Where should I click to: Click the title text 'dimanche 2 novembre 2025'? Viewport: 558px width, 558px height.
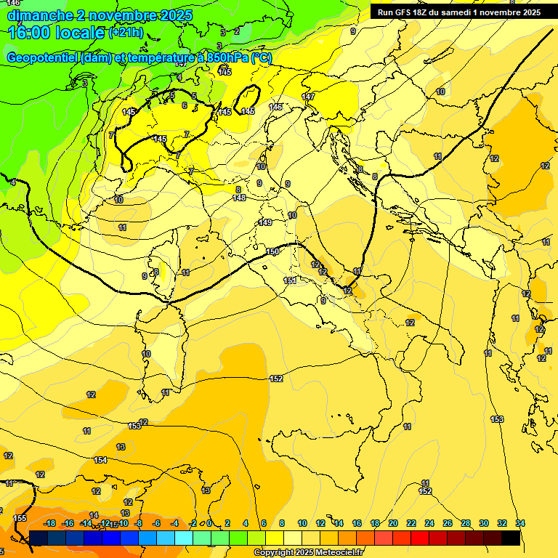(100, 15)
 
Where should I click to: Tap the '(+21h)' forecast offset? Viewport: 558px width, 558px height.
(126, 33)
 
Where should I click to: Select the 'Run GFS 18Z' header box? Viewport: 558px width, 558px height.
(458, 12)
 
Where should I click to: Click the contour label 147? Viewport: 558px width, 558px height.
(308, 97)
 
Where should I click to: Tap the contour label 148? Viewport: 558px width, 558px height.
(239, 198)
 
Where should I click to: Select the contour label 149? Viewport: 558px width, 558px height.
(265, 222)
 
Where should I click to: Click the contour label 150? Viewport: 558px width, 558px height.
(272, 251)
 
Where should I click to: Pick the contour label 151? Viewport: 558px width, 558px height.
(290, 280)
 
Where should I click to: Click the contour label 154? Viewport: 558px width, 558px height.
(100, 460)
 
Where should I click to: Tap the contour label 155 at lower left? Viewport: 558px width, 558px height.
(20, 518)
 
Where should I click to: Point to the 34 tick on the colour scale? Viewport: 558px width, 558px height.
(520, 523)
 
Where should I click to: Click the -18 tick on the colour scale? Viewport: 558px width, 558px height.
(50, 523)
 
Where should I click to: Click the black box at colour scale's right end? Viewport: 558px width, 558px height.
(511, 538)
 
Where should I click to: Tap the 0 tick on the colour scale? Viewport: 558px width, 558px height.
(209, 523)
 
